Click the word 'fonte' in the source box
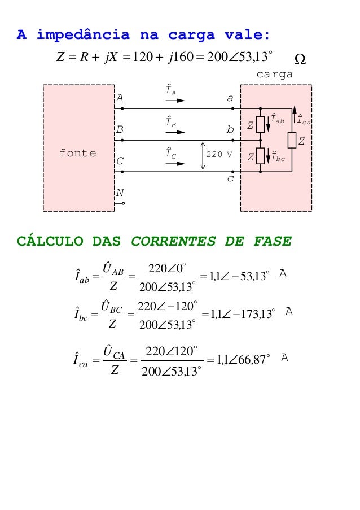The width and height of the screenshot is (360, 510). [77, 154]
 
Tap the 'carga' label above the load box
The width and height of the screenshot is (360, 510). [275, 74]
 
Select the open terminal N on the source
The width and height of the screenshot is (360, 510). [123, 203]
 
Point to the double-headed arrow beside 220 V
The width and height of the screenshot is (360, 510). [203, 156]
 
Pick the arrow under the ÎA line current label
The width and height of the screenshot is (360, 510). [175, 101]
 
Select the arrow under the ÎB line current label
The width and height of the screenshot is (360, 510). [175, 132]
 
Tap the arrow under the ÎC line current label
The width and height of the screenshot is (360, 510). [175, 164]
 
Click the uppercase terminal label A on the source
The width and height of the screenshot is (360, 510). [120, 97]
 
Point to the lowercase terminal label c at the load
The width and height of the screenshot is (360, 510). [230, 178]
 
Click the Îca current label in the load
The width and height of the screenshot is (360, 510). [304, 119]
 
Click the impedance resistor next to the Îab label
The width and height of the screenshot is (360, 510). [260, 124]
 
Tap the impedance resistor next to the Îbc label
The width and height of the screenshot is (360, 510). [260, 155]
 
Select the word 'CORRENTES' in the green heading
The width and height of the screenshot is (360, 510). [172, 242]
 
